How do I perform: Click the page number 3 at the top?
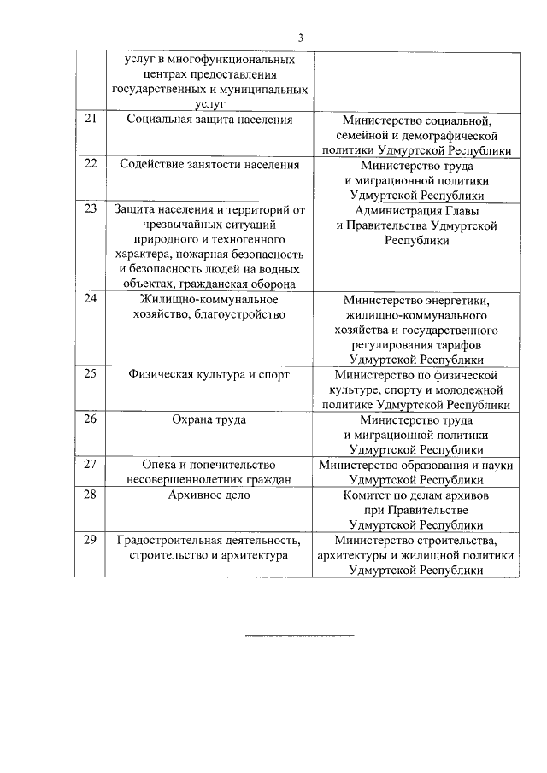click(x=300, y=37)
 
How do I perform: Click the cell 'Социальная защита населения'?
click(x=209, y=120)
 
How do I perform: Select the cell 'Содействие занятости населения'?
click(x=209, y=165)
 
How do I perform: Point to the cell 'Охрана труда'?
click(x=209, y=419)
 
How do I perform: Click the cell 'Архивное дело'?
click(x=209, y=495)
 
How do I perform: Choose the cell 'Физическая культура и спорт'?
click(x=209, y=374)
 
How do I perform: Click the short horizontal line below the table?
click(x=299, y=635)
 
